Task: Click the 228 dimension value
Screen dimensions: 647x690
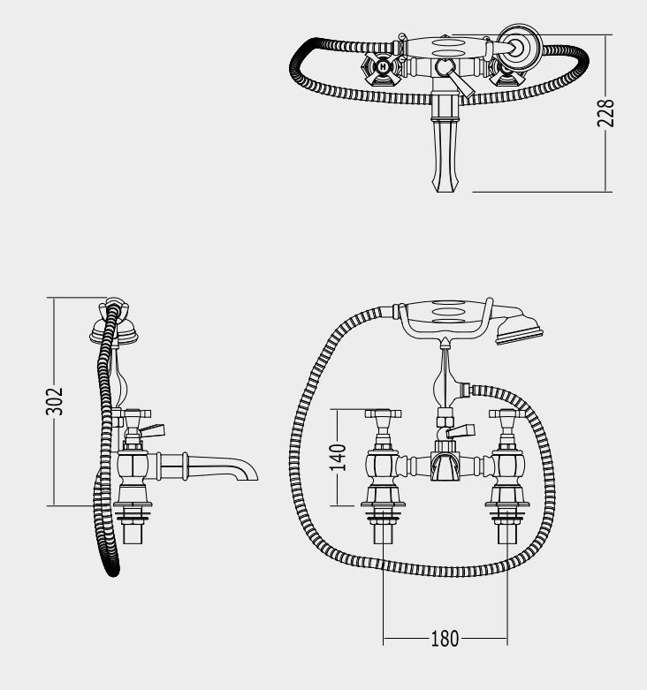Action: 605,113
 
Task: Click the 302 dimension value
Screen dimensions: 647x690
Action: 55,401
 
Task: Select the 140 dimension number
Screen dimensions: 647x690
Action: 338,458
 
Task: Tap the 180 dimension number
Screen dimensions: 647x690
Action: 445,639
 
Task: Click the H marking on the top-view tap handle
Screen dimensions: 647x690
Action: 384,67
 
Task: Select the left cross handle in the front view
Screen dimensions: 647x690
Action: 383,414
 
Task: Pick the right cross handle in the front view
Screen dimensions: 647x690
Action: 507,414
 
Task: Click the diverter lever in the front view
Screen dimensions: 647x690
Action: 461,431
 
